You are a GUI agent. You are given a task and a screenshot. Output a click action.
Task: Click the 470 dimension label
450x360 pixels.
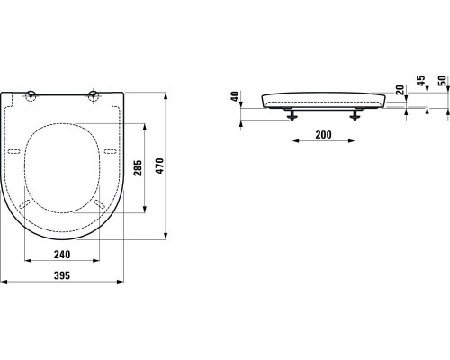(x=160, y=166)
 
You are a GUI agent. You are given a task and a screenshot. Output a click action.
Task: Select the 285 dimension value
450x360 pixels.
(x=138, y=168)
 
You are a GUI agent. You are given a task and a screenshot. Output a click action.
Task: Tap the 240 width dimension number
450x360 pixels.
(x=62, y=255)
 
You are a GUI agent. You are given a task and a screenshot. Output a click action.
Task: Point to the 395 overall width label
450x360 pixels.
(x=62, y=275)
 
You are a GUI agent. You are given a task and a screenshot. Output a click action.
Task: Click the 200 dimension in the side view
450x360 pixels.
(x=323, y=135)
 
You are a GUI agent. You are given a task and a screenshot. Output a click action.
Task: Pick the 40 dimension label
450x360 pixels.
(x=236, y=96)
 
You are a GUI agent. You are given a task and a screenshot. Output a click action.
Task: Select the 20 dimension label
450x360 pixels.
(x=400, y=90)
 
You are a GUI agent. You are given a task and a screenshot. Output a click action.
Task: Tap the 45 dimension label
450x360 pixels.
(x=421, y=81)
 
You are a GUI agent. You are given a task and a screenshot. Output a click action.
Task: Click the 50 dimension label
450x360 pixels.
(x=443, y=81)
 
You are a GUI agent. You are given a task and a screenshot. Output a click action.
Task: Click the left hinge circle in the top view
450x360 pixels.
(x=31, y=95)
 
